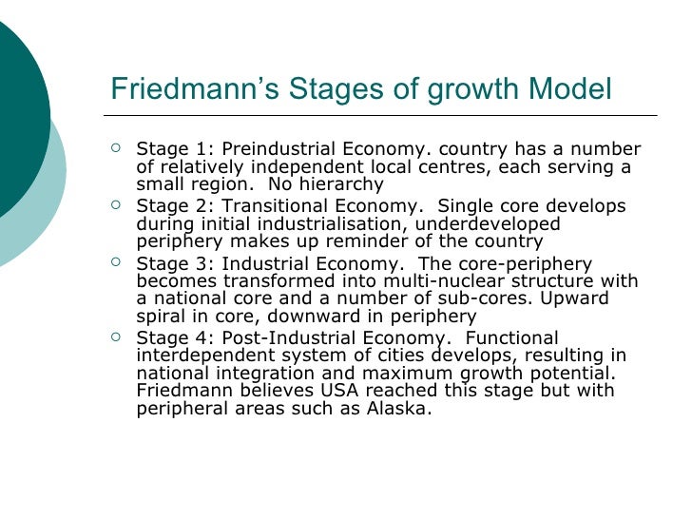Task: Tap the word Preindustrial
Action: point(268,150)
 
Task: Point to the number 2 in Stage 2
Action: point(194,206)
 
